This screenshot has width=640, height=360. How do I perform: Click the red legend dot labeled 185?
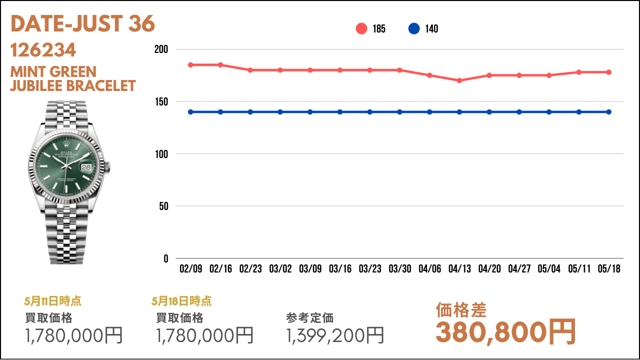(361, 28)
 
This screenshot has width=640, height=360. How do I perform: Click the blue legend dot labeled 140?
(414, 28)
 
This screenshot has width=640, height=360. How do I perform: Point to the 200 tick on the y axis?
(161, 49)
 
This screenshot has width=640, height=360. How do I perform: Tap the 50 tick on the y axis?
(163, 206)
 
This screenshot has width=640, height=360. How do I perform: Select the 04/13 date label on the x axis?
(459, 268)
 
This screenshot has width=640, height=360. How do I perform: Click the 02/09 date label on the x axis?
(191, 268)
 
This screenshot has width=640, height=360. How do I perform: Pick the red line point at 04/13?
(459, 80)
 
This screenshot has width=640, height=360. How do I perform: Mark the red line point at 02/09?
(190, 65)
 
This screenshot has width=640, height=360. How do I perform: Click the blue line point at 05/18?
(609, 112)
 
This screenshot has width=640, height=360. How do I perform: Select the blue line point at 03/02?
(280, 112)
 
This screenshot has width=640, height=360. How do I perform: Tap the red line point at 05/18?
(609, 72)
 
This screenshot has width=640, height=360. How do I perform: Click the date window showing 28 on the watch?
(86, 167)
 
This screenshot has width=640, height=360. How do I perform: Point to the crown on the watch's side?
(107, 167)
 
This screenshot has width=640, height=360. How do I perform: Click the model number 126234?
(43, 50)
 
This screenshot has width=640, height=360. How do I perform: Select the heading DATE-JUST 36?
(82, 23)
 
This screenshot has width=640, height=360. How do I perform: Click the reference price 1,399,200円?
(335, 335)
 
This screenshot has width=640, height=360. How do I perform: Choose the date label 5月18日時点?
(181, 301)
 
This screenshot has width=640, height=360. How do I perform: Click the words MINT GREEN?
(53, 71)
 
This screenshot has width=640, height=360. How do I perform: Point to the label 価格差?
(461, 310)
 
